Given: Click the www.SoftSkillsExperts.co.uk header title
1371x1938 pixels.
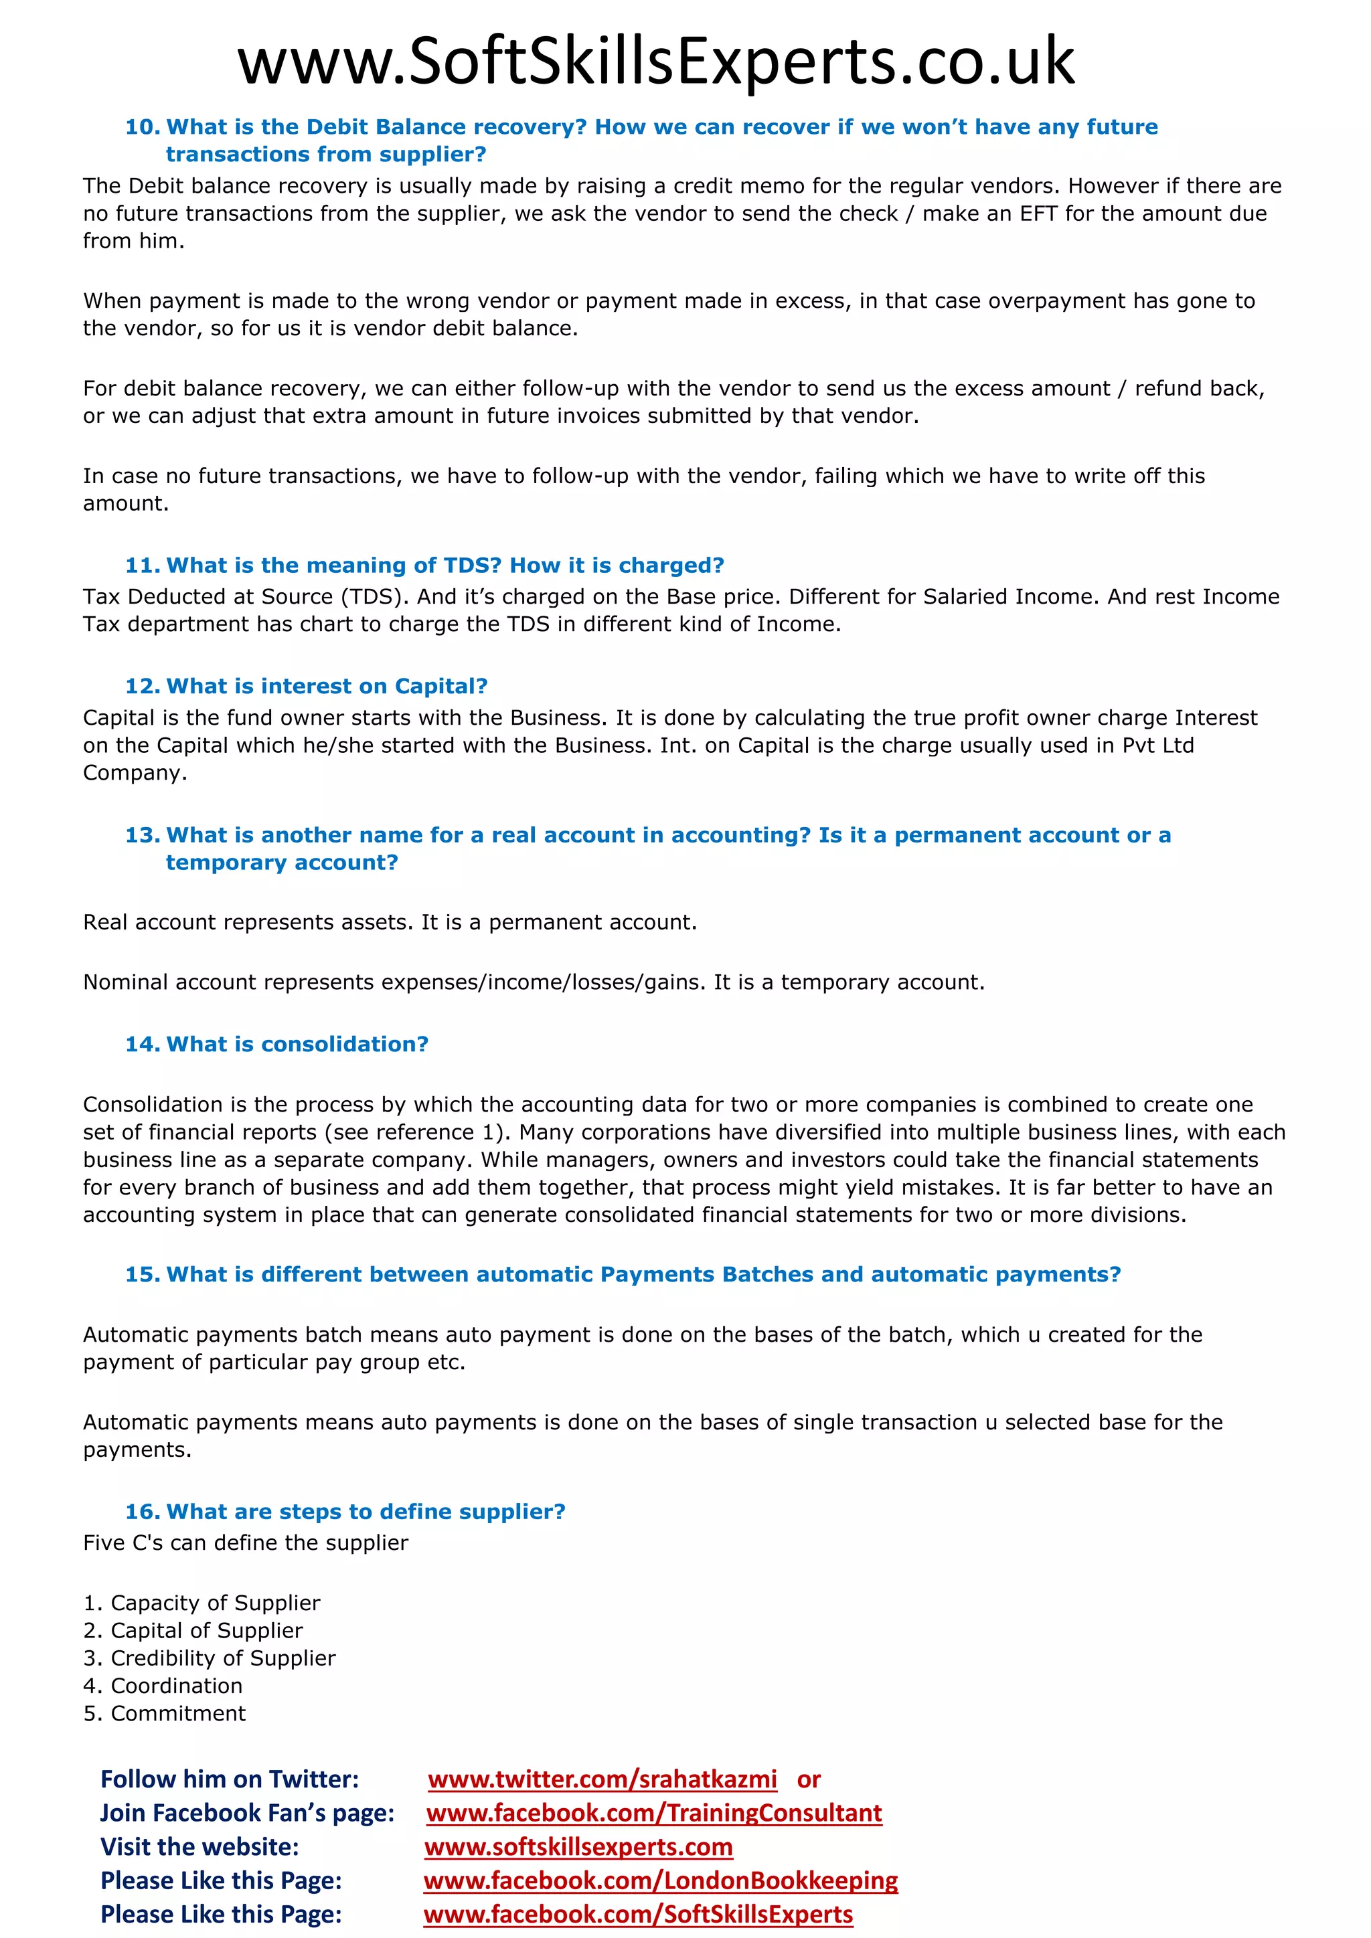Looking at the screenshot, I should click(656, 62).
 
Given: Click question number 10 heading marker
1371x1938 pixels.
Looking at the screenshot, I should click(142, 127).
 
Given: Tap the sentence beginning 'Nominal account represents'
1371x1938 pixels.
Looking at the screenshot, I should click(533, 982).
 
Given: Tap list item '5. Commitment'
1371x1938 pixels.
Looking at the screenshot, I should click(165, 1713).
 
